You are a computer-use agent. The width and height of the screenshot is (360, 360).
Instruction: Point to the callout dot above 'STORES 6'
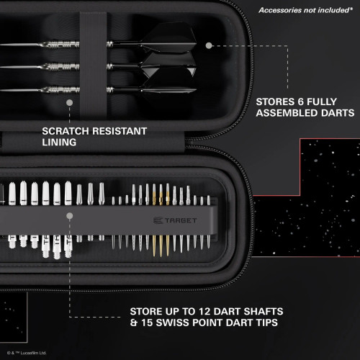209,45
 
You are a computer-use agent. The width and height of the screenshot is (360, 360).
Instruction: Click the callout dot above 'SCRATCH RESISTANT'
70,103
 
